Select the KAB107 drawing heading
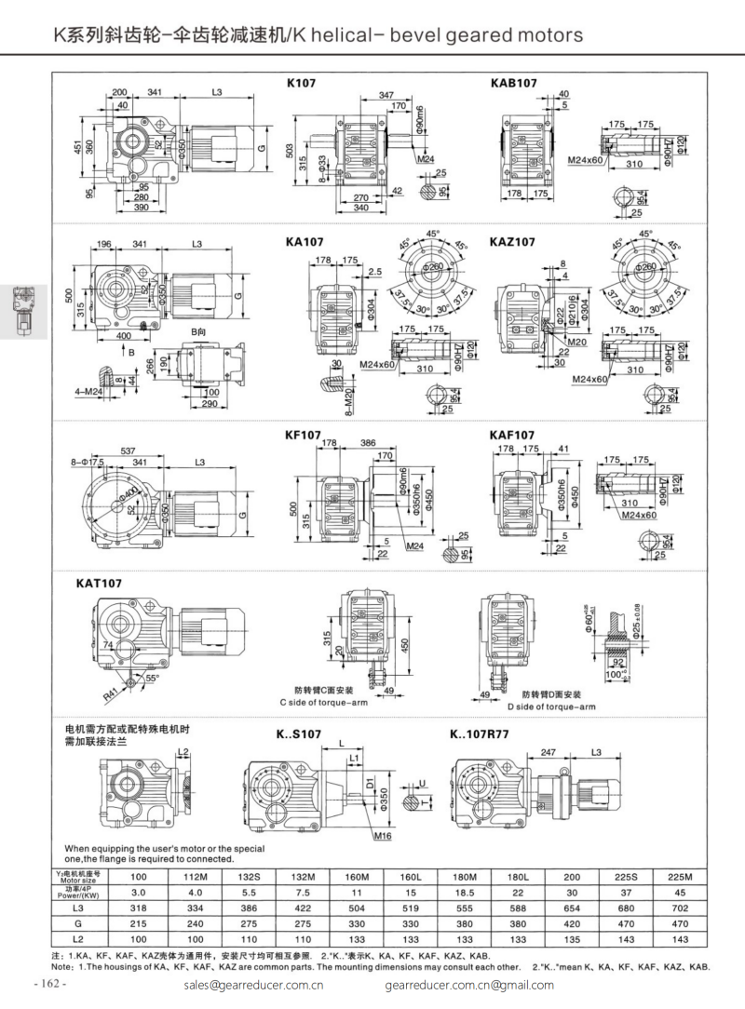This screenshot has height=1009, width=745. pos(513,83)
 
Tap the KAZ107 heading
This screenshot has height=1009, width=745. pos(512,241)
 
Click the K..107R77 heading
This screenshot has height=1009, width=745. pos(478,734)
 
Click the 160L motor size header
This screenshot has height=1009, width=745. pos(411,877)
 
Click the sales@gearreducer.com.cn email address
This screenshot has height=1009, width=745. pos(253,985)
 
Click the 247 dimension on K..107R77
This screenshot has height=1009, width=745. pos(549,751)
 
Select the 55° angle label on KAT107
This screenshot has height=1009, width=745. pos(150,678)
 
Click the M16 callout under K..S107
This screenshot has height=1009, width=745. pos(382,837)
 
